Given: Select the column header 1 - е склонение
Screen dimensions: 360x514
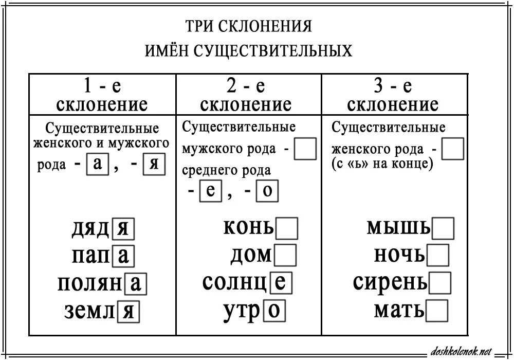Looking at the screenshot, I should [x=102, y=95].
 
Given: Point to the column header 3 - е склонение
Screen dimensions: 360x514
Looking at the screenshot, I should [x=393, y=95].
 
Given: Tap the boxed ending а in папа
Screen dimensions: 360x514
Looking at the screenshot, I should [x=123, y=256].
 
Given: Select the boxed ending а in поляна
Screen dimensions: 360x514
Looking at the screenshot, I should [x=137, y=283].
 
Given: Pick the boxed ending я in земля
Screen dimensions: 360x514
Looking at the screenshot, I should [x=129, y=311].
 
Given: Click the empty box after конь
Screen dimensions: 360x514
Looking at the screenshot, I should [x=287, y=228].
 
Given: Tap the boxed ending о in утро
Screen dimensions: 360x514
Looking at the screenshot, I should [x=274, y=311].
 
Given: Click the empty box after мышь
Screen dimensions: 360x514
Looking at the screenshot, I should [x=444, y=228].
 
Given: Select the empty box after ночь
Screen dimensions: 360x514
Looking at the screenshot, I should [x=438, y=255].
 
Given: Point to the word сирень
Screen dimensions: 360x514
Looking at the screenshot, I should [x=390, y=282].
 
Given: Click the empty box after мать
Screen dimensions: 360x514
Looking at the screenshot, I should [x=437, y=310].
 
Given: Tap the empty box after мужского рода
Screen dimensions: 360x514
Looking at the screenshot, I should [x=306, y=150].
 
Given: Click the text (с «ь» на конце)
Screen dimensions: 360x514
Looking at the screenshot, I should [x=382, y=164].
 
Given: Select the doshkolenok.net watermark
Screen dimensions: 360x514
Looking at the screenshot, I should [x=456, y=351].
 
